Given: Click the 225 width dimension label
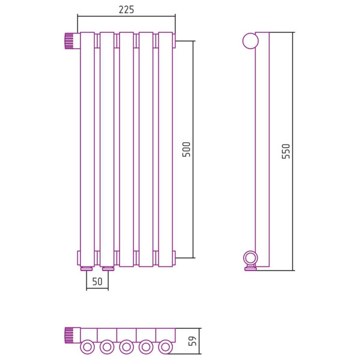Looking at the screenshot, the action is (x=126, y=10).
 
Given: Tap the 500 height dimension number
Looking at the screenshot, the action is (x=187, y=149).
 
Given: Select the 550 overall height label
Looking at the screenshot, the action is (x=286, y=151).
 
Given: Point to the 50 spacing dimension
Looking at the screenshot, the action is (x=97, y=281).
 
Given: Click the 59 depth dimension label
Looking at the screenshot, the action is (x=193, y=341).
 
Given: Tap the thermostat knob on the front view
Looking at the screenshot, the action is (x=69, y=41).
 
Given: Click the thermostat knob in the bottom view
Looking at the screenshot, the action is (x=69, y=335).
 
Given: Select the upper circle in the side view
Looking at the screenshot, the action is (x=250, y=41).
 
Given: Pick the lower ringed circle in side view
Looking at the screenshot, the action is (x=250, y=258).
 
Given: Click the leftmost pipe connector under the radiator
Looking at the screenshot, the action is (x=86, y=268).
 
